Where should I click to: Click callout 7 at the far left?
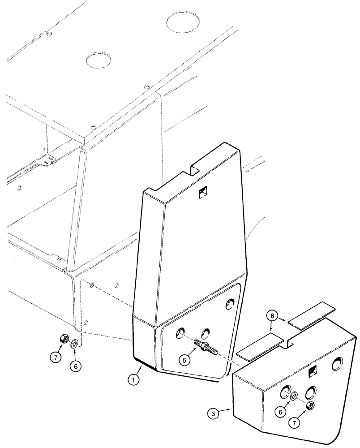tap(55, 358)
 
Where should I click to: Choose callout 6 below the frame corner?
tap(76, 365)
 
